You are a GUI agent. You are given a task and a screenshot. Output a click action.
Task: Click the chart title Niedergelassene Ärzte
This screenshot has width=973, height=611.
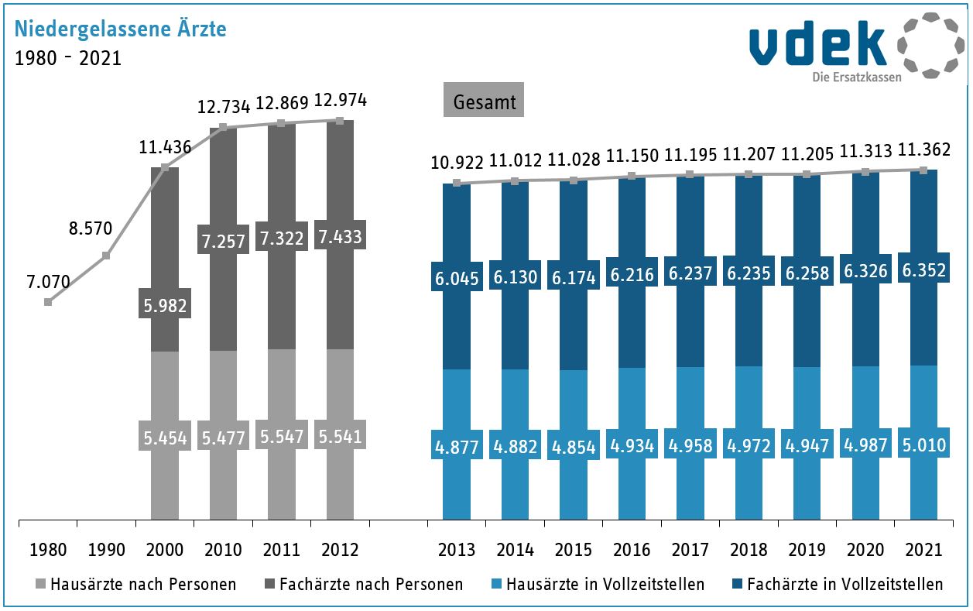120,29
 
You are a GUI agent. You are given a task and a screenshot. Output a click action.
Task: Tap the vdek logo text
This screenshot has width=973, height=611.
817,46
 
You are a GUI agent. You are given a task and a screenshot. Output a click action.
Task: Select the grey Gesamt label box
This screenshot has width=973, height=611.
484,101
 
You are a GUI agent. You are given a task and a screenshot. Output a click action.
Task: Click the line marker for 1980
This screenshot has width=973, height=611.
48,302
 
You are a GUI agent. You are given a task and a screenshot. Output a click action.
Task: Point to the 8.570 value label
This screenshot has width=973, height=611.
91,228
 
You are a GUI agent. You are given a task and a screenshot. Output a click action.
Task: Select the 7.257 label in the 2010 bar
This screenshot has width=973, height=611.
223,241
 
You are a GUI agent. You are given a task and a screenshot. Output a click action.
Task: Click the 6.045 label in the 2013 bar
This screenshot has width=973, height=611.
457,278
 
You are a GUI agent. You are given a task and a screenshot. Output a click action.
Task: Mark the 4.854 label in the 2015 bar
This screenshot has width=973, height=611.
574,447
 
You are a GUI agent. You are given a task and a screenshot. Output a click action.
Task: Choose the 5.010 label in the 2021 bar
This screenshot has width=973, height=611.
923,446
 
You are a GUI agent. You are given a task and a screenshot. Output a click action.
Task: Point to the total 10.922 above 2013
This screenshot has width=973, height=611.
457,163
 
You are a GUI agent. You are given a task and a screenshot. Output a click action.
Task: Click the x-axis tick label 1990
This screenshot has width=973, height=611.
106,550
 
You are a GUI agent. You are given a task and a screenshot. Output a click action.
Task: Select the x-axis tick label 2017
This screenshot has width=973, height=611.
690,550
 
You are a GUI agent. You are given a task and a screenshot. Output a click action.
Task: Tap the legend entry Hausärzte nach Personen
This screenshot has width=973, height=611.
135,584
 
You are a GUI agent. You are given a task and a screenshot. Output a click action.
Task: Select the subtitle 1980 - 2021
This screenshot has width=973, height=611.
68,58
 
